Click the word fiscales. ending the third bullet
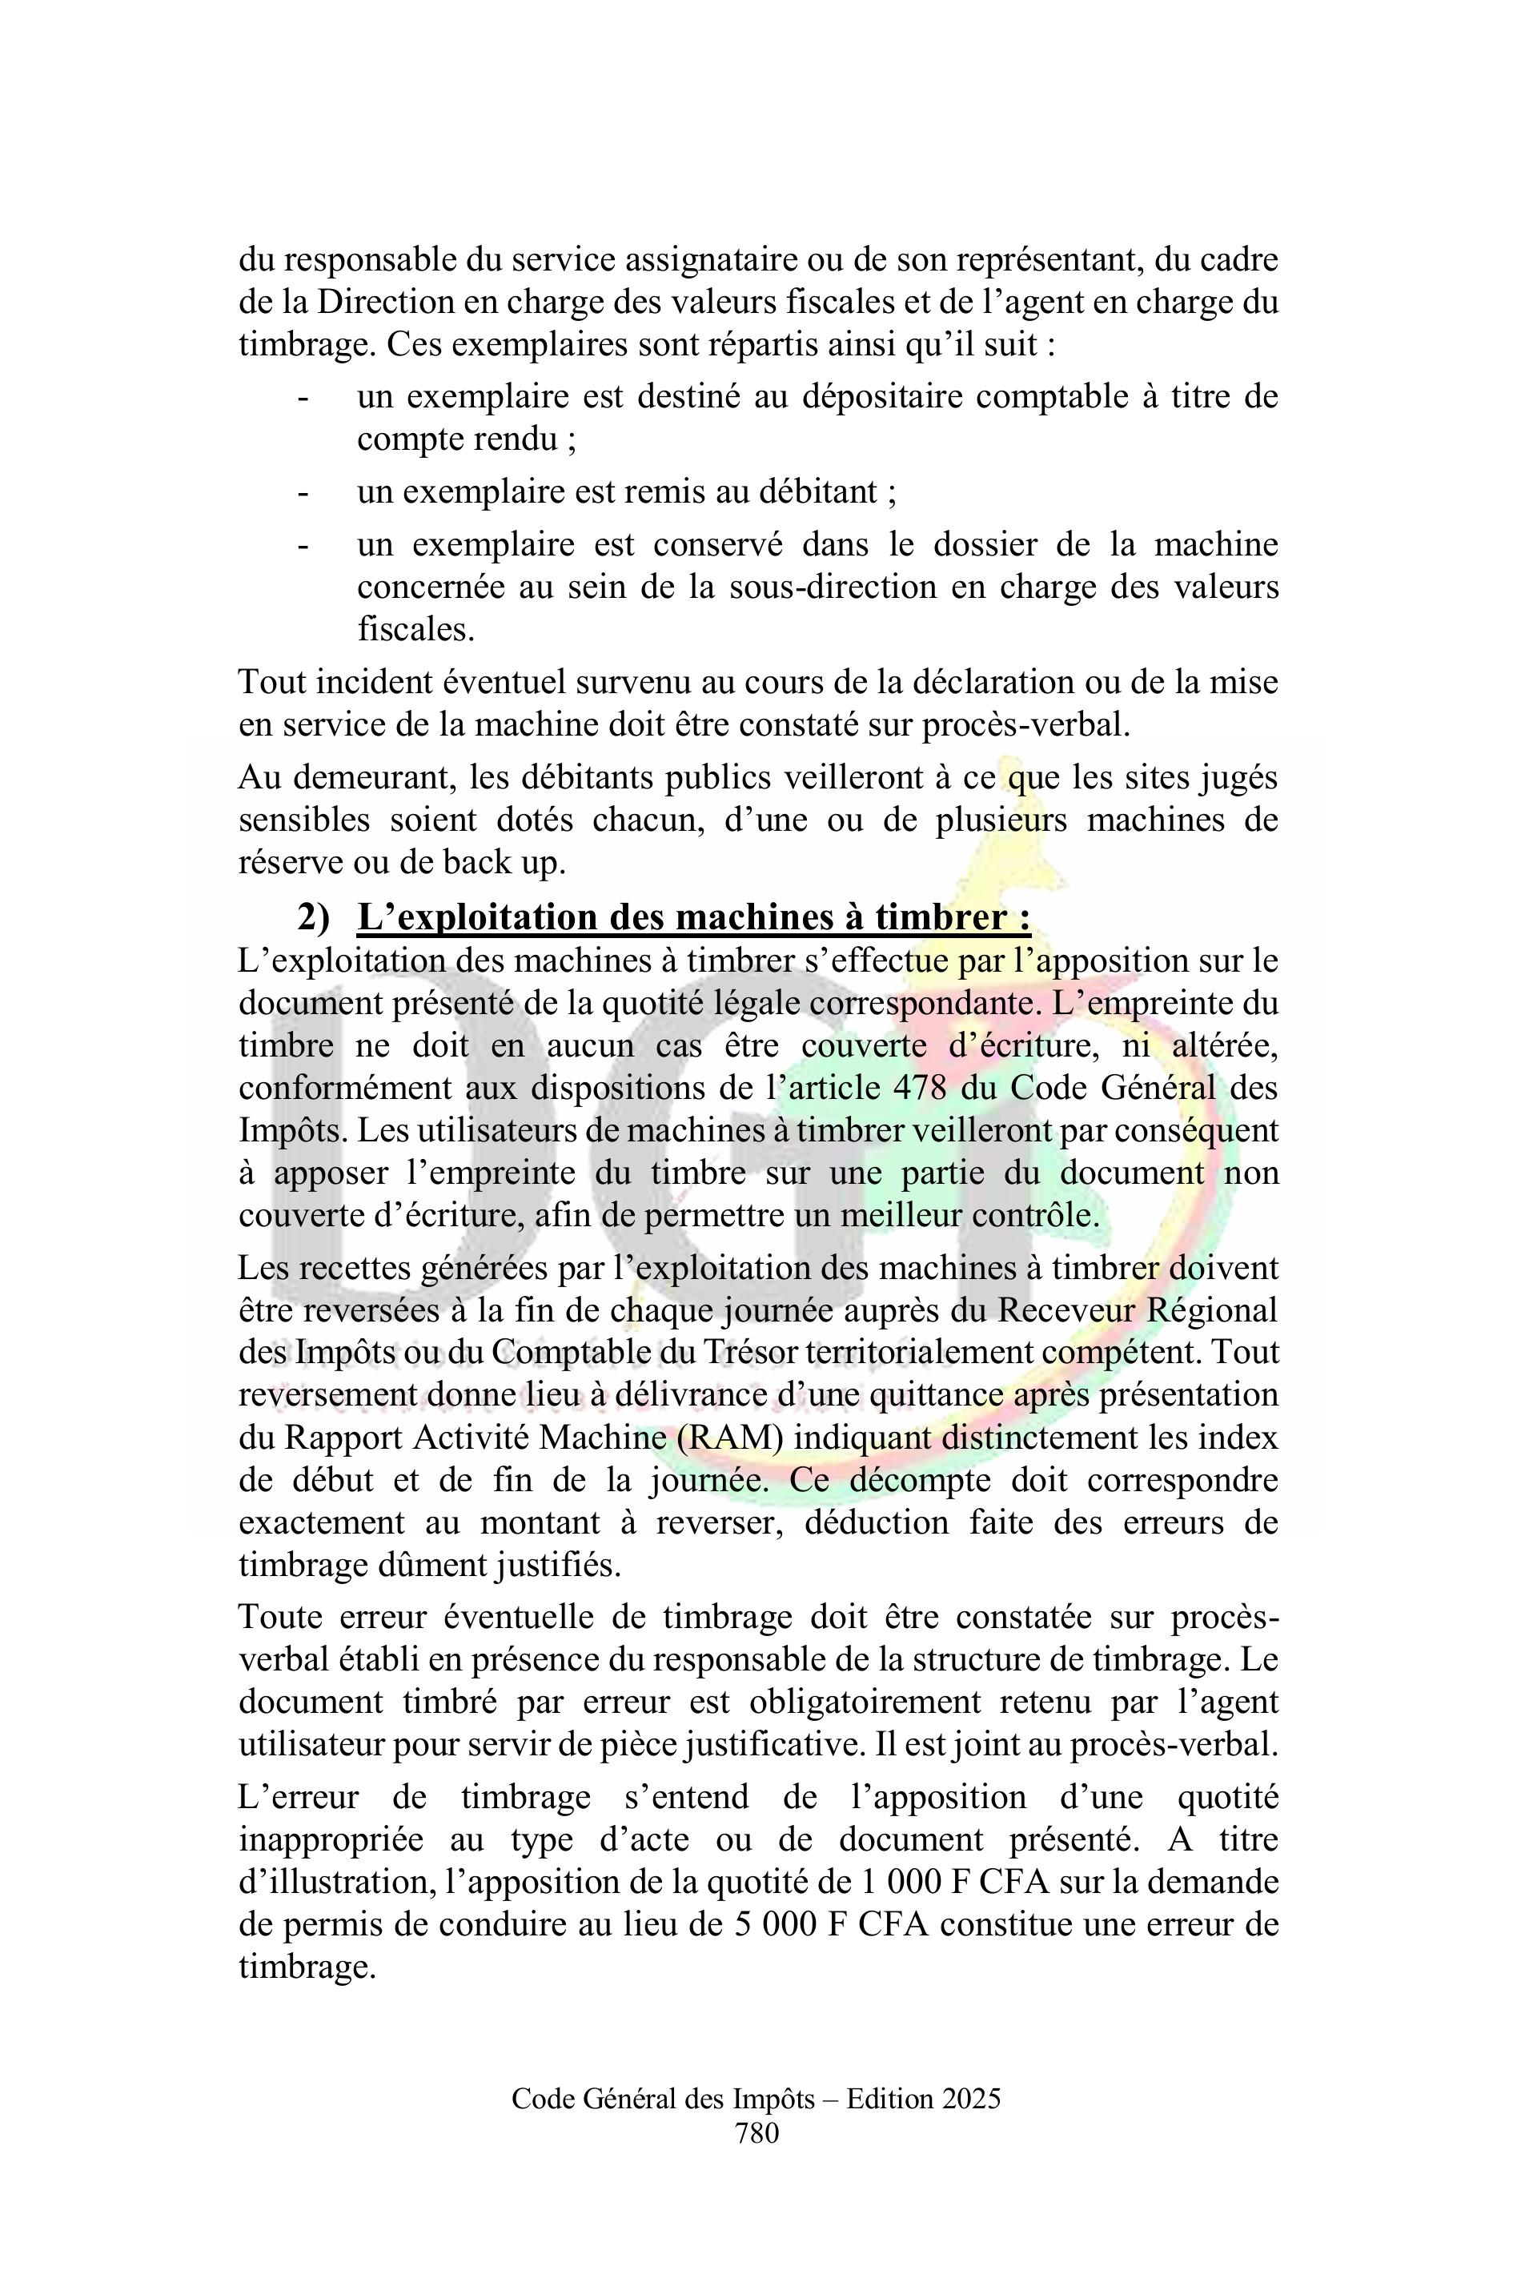(x=416, y=629)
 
